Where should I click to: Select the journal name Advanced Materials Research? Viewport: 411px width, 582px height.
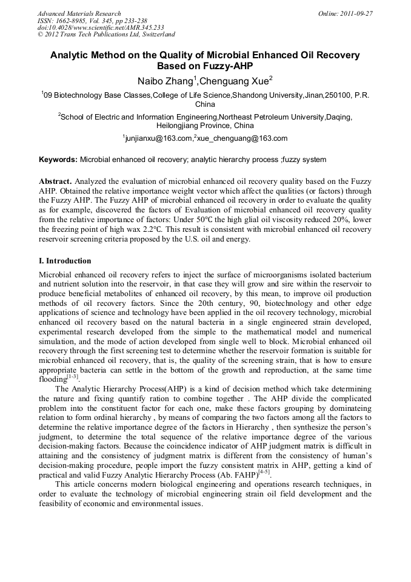79,13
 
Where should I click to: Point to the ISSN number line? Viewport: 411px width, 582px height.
92,20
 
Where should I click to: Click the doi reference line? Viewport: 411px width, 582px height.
101,27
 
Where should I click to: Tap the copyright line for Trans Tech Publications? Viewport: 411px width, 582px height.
106,35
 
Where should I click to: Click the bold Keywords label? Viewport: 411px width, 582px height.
58,160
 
